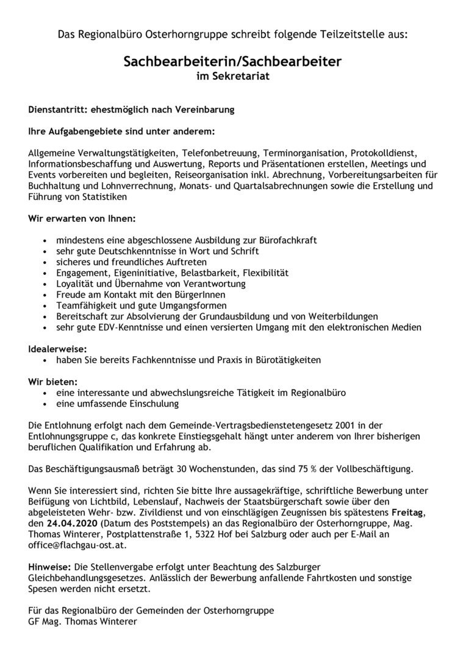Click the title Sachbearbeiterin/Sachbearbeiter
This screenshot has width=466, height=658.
(232, 62)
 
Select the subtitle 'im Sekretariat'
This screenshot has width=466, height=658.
(232, 76)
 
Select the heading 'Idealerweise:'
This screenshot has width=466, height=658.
(58, 350)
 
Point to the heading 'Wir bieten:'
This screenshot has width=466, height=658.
(53, 381)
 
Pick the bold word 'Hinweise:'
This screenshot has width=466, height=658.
(49, 567)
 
